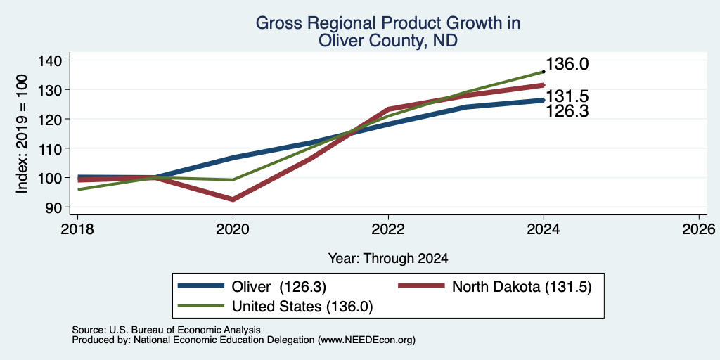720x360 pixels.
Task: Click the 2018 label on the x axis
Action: [77, 229]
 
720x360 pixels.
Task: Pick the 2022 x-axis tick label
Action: [388, 229]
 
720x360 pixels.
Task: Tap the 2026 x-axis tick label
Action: [699, 229]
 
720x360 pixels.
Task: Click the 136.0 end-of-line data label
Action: [567, 64]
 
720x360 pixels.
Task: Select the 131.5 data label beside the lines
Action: [567, 96]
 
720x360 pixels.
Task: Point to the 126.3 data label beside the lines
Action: [567, 111]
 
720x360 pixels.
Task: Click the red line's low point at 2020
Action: [233, 199]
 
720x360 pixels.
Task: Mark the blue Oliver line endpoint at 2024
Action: [544, 100]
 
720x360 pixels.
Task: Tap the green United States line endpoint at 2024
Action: [544, 72]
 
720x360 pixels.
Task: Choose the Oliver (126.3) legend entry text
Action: [278, 287]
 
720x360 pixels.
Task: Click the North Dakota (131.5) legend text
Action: [522, 287]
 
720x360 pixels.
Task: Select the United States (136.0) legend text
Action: [302, 307]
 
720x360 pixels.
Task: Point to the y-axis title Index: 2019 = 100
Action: [22, 134]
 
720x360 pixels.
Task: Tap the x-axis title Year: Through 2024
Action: [388, 259]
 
